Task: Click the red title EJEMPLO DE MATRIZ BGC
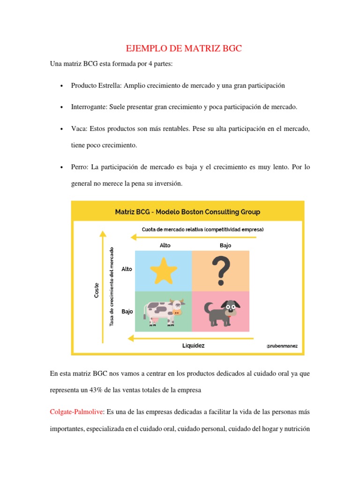[x=184, y=48]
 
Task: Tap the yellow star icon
[x=164, y=270]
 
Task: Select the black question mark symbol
[x=221, y=271]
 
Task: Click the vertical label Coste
[x=97, y=290]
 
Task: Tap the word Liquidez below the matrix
[x=194, y=345]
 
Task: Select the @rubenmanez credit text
[x=282, y=346]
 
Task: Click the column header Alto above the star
[x=165, y=245]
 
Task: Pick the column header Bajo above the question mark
[x=225, y=245]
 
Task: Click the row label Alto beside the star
[x=127, y=269]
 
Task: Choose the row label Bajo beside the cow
[x=127, y=311]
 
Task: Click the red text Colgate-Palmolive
[x=76, y=412]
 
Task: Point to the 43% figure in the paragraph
[x=96, y=390]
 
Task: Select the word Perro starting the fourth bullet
[x=79, y=167]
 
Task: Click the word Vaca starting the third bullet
[x=78, y=128]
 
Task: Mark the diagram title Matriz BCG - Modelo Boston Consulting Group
[x=187, y=212]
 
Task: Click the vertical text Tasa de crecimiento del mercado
[x=112, y=286]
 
